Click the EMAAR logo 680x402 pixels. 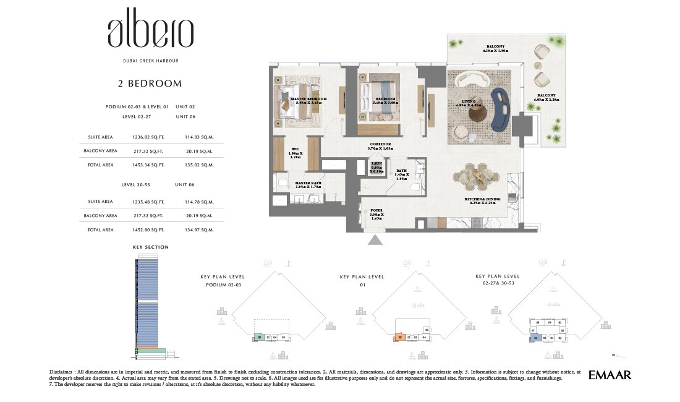click(x=610, y=375)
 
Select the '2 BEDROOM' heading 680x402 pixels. click(x=150, y=83)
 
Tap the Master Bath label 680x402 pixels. click(x=307, y=182)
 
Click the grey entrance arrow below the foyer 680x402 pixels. click(x=376, y=239)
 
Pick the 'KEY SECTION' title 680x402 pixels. click(x=150, y=247)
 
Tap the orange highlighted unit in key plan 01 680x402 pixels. click(x=400, y=338)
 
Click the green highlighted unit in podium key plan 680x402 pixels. click(x=260, y=338)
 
